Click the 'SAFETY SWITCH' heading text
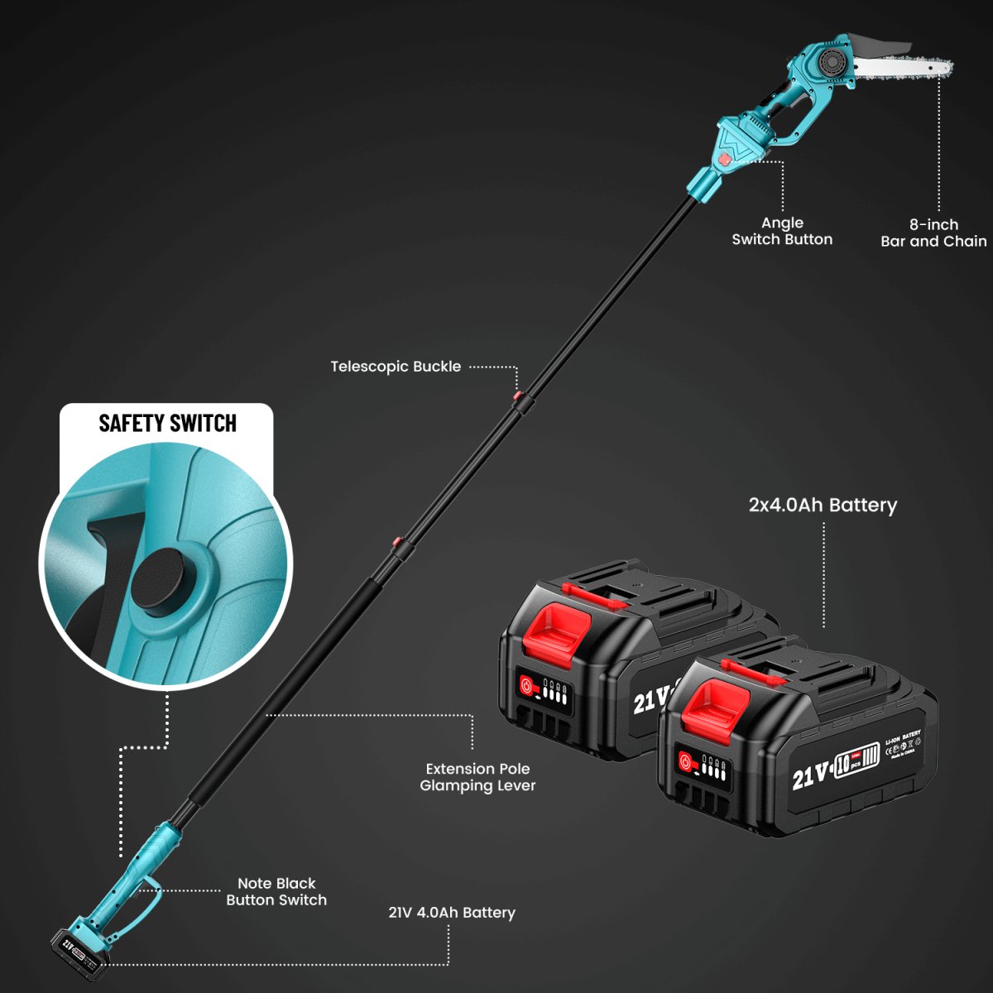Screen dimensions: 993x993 (x=167, y=424)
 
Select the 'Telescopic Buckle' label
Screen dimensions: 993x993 (x=396, y=367)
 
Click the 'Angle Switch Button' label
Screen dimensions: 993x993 (x=782, y=231)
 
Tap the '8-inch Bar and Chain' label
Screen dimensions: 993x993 (x=933, y=233)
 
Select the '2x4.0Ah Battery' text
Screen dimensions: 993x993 (x=823, y=505)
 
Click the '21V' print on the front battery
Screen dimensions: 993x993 (x=810, y=775)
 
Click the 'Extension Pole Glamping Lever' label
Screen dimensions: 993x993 (x=477, y=777)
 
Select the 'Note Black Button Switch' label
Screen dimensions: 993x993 (x=276, y=891)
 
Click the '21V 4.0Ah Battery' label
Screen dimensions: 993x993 (x=452, y=913)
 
